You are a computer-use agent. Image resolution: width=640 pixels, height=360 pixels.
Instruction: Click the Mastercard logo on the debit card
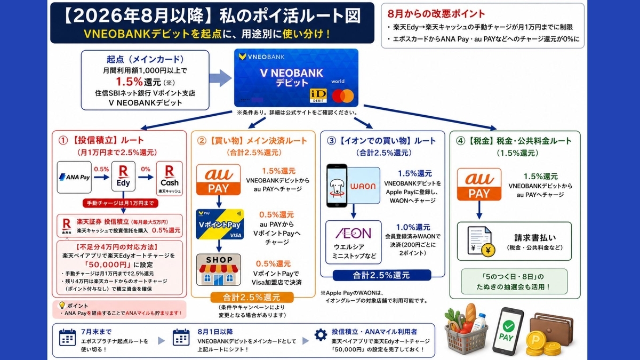click(343, 96)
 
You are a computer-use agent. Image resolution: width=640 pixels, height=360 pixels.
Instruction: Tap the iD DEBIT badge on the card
click(318, 95)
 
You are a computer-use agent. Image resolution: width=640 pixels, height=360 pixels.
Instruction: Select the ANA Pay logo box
click(74, 177)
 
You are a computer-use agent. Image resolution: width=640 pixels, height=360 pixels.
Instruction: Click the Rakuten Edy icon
click(123, 177)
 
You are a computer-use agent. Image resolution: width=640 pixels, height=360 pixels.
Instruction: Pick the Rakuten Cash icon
click(170, 178)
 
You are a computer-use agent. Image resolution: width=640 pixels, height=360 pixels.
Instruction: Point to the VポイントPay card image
click(220, 225)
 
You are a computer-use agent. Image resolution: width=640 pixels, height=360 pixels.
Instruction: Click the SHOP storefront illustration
click(219, 270)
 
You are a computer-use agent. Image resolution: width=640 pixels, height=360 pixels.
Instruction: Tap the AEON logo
click(354, 233)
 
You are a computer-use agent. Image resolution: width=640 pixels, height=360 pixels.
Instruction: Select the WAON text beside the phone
click(363, 186)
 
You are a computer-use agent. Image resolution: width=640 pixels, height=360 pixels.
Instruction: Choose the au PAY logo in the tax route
click(479, 185)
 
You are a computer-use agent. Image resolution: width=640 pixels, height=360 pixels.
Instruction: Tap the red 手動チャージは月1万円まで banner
click(121, 203)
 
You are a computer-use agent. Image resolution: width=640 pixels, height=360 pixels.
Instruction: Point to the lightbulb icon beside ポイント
click(62, 306)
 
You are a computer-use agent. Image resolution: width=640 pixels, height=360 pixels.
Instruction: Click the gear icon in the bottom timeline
click(321, 334)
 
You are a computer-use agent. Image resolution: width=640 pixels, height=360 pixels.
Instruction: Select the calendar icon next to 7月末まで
click(67, 338)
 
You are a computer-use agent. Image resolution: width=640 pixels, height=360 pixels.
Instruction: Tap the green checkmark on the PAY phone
click(509, 326)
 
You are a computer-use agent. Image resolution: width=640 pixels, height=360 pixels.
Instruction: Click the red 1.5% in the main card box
click(129, 82)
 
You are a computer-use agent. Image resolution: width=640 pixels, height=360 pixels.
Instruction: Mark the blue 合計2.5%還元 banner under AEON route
click(382, 275)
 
